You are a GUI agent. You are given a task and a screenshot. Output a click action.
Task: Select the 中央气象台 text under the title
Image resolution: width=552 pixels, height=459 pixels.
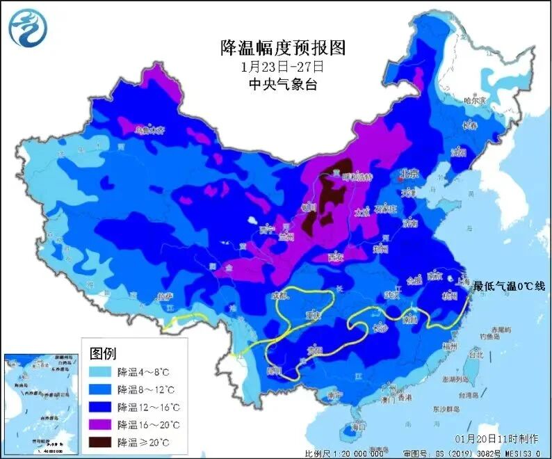(x=282, y=84)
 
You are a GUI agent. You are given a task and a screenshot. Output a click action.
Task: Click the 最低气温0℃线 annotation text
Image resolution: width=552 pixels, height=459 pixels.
(x=510, y=286)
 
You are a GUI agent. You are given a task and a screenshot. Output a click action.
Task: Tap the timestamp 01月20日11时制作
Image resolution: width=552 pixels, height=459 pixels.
(x=496, y=440)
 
